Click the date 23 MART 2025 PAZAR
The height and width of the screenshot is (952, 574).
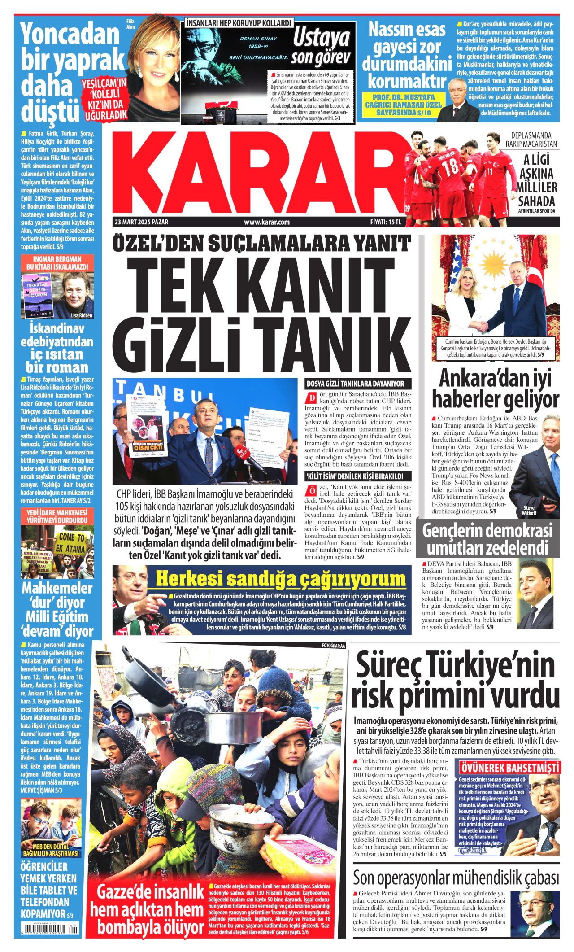tap(142, 222)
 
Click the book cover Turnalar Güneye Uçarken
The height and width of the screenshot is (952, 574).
tap(38, 294)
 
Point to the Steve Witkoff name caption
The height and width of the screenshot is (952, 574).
tap(529, 510)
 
